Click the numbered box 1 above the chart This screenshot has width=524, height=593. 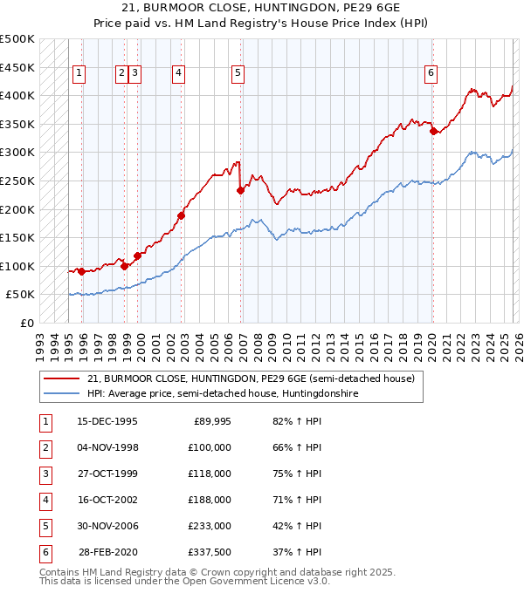(x=79, y=74)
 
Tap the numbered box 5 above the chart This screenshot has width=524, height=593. (x=238, y=74)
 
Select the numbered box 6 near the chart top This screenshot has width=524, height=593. (x=431, y=74)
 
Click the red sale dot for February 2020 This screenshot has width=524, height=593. (x=433, y=132)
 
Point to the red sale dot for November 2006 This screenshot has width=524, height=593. (x=240, y=191)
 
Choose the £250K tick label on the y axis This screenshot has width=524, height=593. (x=17, y=181)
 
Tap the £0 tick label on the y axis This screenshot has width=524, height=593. (x=27, y=324)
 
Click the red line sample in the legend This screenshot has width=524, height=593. (x=61, y=378)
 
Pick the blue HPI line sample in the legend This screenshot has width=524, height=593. (x=61, y=393)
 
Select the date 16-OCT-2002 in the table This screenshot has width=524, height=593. (x=107, y=500)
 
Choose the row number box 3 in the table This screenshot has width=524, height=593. (x=45, y=474)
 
